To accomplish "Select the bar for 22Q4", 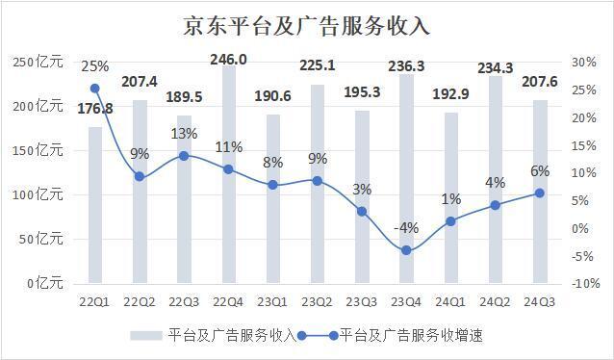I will [x=227, y=173].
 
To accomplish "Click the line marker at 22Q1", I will [x=94, y=89].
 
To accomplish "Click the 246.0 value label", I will [x=229, y=60].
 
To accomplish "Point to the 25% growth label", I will [x=94, y=67].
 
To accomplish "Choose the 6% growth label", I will [x=540, y=171].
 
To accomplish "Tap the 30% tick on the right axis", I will [x=584, y=63].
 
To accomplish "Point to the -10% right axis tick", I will [x=583, y=284].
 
